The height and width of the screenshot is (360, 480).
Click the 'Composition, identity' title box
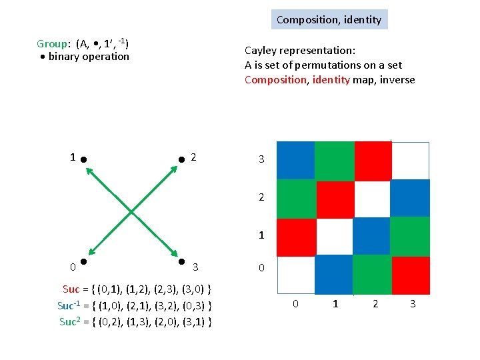coord(329,19)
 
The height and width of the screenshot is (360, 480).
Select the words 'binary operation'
coord(89,57)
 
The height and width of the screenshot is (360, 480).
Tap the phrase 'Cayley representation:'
coord(299,51)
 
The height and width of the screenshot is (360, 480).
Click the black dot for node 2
coord(181,160)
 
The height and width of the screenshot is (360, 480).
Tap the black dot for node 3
coord(181,262)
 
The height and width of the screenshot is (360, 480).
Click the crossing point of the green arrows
coord(133,211)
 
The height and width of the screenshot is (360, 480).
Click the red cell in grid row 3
coord(373,161)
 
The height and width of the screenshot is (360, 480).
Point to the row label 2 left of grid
coord(261,198)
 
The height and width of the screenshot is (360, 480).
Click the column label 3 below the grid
coord(413,304)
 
